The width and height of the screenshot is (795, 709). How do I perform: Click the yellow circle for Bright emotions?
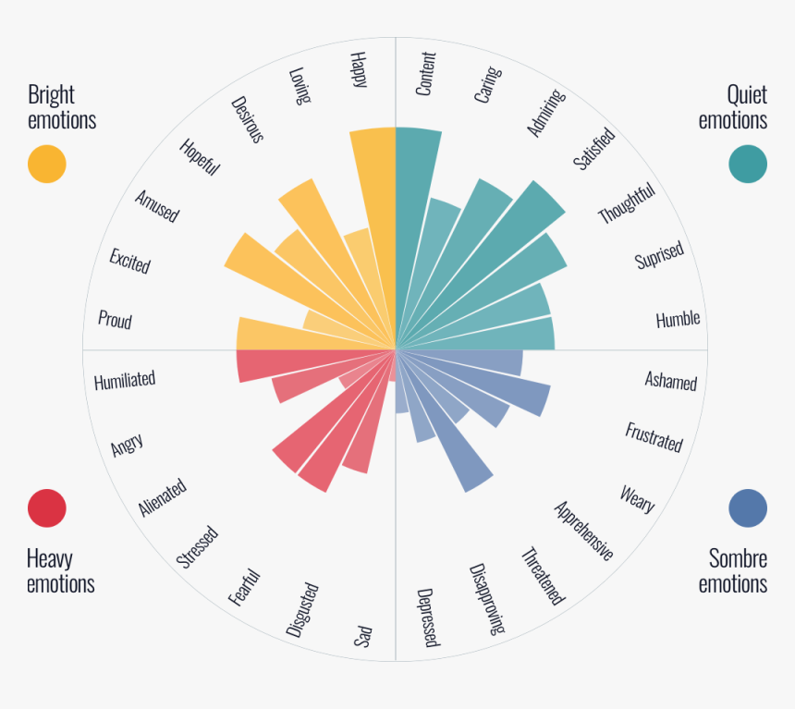point(47,164)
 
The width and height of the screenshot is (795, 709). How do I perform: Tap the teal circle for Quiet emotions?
point(747,164)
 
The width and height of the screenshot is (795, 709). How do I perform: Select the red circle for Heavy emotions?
point(47,507)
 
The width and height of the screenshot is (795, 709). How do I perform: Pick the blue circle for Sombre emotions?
point(747,507)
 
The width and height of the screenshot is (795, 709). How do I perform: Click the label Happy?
point(359,69)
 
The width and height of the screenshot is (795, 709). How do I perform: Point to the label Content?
point(426,74)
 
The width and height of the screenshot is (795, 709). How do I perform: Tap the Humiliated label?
point(125,380)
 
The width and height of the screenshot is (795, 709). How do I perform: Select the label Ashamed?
point(671,380)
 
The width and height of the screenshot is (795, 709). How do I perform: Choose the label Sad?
point(362,637)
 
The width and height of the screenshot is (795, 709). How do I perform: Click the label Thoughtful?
point(627,203)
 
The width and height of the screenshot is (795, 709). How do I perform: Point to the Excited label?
point(129,261)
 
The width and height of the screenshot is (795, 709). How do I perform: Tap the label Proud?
point(116,321)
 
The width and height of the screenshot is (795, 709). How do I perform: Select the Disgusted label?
point(302,609)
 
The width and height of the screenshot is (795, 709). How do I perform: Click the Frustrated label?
point(654,437)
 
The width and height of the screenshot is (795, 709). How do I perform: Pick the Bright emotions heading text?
point(62,107)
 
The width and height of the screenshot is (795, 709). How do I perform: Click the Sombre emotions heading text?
point(733,570)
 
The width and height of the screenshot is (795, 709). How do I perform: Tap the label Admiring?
point(545,113)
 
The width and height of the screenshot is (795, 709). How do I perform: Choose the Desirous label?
point(248,119)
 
